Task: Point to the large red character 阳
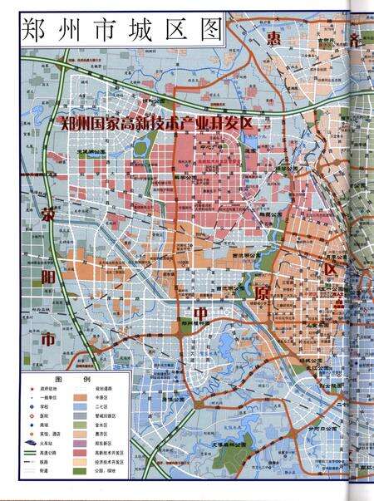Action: pos(47,278)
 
